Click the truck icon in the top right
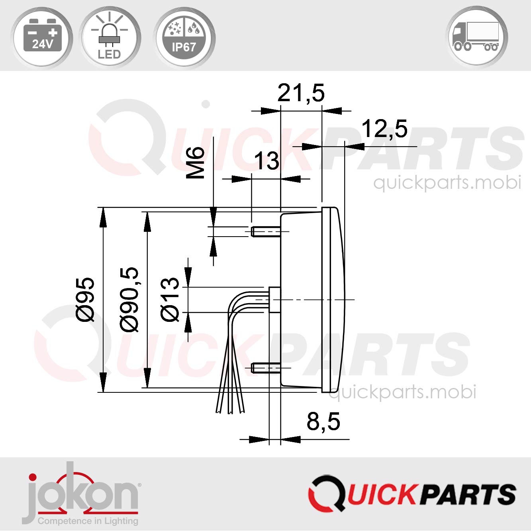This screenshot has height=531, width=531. click(x=476, y=37)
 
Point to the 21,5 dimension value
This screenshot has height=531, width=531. click(x=301, y=93)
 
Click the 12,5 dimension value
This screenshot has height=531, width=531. click(x=384, y=129)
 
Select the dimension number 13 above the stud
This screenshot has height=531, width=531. click(x=266, y=161)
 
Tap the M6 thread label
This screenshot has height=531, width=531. click(x=196, y=162)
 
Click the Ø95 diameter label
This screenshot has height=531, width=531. click(x=86, y=299)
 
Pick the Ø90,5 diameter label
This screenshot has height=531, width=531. click(x=129, y=299)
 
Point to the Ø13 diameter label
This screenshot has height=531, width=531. click(x=170, y=299)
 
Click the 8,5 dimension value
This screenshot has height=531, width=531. click(x=323, y=421)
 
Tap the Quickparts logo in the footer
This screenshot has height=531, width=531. click(x=412, y=494)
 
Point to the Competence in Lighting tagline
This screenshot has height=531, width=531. click(x=88, y=521)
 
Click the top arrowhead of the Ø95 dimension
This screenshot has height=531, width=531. click(x=103, y=217)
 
